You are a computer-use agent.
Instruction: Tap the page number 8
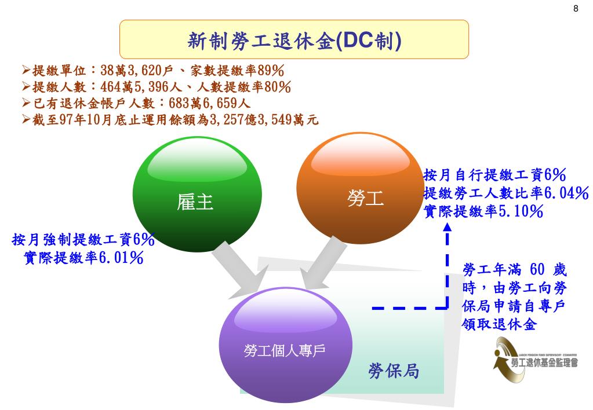576,8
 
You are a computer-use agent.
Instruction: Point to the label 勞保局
394,371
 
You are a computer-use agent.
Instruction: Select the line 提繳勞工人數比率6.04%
506,193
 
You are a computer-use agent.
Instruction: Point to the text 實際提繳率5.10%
483,211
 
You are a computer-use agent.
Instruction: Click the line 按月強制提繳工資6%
83,239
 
